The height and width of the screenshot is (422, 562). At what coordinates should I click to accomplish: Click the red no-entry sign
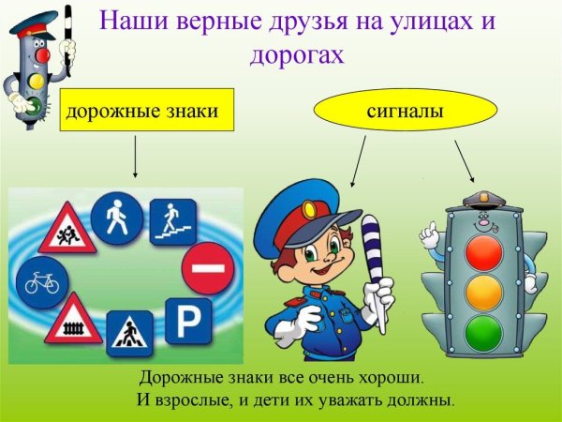[x=206, y=268]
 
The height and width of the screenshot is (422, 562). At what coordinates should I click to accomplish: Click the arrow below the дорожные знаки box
[x=137, y=156]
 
